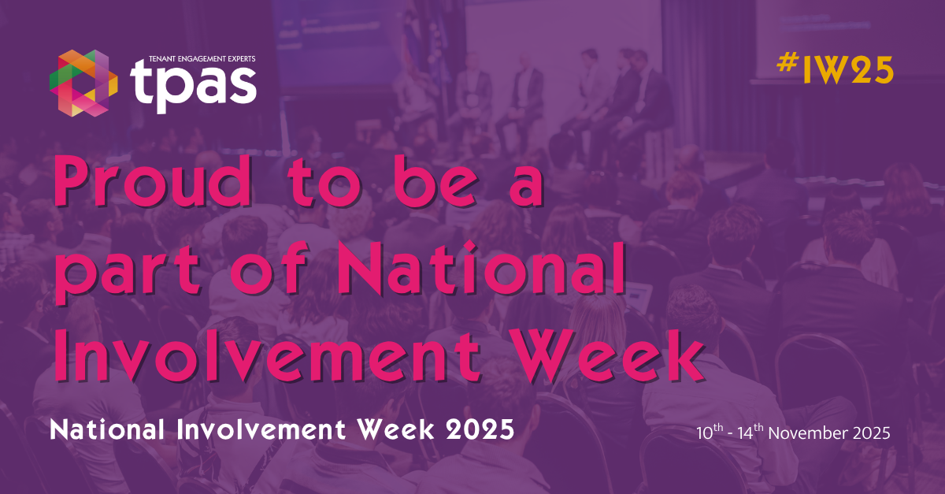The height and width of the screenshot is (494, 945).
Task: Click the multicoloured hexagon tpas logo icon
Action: point(83,84)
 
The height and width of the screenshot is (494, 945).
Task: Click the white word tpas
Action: point(193,86)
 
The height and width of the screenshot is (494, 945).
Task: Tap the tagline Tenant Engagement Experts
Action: point(202,58)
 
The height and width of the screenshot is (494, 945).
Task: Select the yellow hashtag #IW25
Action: point(835,69)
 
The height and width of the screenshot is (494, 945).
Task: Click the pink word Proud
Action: point(153,180)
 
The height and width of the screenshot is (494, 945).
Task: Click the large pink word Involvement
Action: point(268,356)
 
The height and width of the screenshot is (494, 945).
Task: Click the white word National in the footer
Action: point(107,430)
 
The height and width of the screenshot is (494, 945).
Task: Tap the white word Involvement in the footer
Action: point(261,430)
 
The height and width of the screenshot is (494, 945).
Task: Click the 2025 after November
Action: point(872,433)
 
